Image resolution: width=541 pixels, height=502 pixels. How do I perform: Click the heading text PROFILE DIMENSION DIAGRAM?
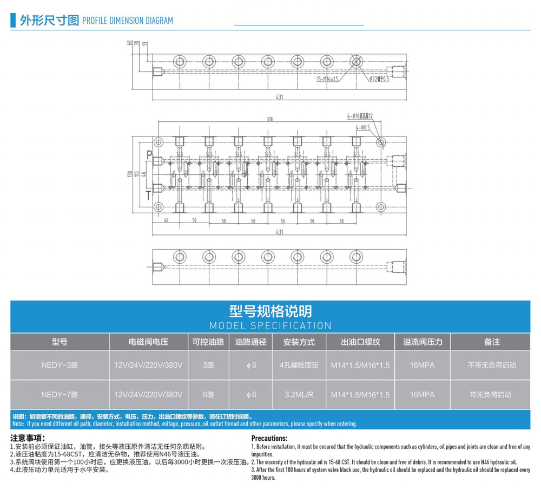[127, 21]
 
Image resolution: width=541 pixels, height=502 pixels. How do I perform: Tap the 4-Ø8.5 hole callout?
[362, 128]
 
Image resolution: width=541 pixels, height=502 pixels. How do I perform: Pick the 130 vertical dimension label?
[130, 174]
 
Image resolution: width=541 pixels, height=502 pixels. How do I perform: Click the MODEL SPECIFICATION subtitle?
[270, 325]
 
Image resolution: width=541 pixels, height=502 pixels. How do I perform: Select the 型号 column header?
[60, 342]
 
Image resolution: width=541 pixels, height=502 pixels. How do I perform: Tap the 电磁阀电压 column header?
[148, 342]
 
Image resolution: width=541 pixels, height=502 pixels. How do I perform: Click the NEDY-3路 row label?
[60, 365]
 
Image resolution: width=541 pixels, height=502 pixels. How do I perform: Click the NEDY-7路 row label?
[60, 395]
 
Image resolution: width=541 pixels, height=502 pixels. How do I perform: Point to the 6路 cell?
[208, 395]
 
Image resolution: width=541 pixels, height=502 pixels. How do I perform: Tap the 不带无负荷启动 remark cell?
[492, 365]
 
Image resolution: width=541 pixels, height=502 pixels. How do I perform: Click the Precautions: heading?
[269, 438]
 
